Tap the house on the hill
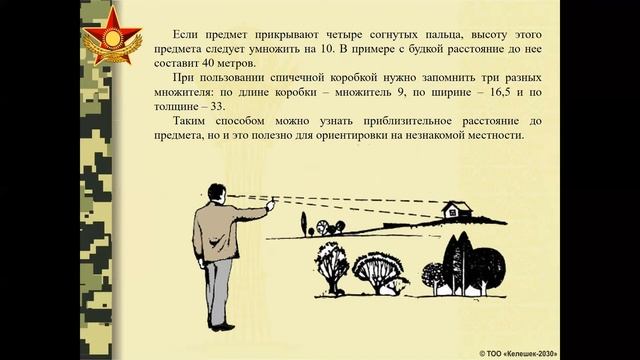pos(456,210)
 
